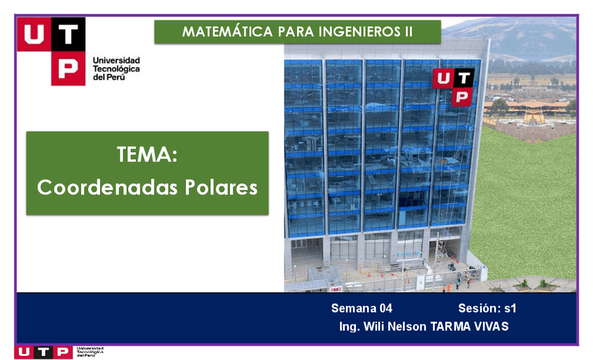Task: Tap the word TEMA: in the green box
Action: pyautogui.click(x=147, y=155)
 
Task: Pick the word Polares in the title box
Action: pyautogui.click(x=222, y=188)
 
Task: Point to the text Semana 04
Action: pyautogui.click(x=362, y=308)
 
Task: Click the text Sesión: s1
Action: pyautogui.click(x=487, y=308)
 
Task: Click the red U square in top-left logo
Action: pyautogui.click(x=34, y=34)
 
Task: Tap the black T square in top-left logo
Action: pyautogui.click(x=68, y=34)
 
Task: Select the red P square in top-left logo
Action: pyautogui.click(x=68, y=68)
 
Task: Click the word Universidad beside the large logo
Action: pyautogui.click(x=116, y=61)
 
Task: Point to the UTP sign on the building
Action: pyautogui.click(x=453, y=87)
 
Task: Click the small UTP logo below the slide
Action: pyautogui.click(x=42, y=352)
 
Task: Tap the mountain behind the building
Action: pyautogui.click(x=524, y=38)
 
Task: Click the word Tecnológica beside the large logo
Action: pyautogui.click(x=116, y=69)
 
